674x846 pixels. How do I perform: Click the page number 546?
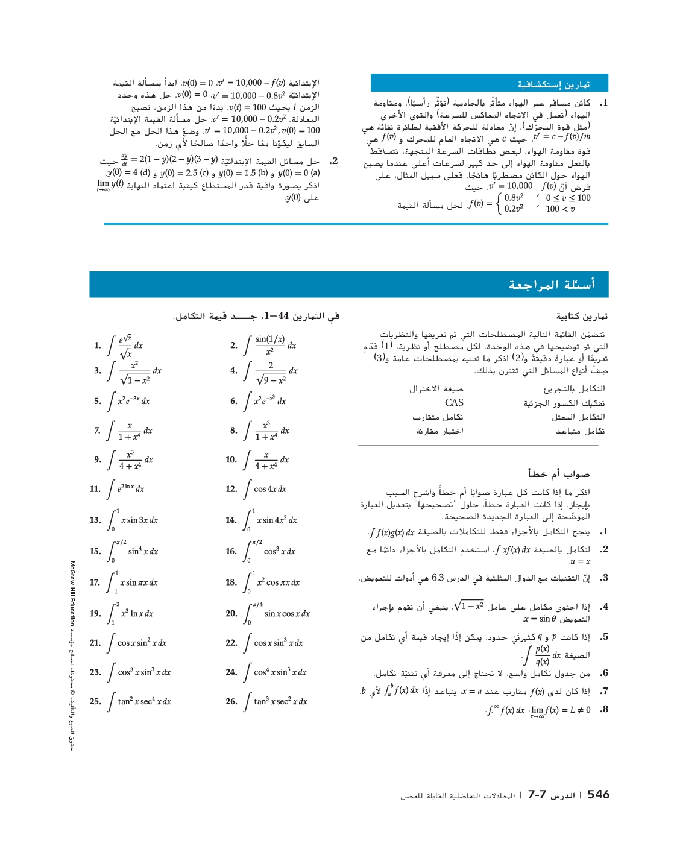click(598, 795)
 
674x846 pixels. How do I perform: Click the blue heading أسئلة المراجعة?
click(551, 285)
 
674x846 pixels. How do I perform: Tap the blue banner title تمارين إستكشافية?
click(553, 84)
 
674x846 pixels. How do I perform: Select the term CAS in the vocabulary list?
click(454, 403)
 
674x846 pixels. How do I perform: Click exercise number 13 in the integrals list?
click(95, 520)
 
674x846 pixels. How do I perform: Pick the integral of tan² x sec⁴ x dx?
click(140, 701)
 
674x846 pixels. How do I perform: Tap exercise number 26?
click(231, 701)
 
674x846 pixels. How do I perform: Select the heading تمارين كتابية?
click(582, 316)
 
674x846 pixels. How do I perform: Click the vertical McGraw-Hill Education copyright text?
click(72, 654)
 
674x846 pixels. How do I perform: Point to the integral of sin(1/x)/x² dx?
click(270, 345)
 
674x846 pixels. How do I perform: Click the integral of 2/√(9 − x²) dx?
click(271, 371)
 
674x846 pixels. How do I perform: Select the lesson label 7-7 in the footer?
click(537, 795)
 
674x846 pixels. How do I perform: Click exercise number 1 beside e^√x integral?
click(98, 346)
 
